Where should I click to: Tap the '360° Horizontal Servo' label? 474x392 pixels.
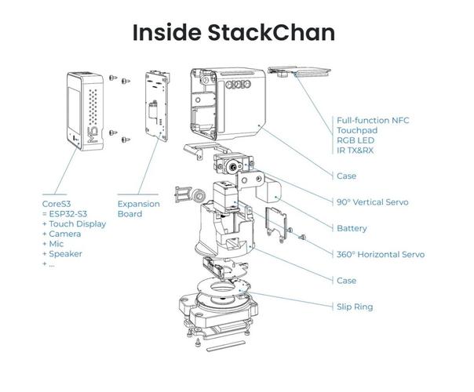(380, 254)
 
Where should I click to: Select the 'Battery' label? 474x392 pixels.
(351, 228)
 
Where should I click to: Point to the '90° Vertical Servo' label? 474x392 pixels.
(372, 202)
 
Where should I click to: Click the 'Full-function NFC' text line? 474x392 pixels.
(374, 118)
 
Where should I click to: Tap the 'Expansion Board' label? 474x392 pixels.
(139, 208)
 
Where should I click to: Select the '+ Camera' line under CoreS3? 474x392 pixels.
(66, 233)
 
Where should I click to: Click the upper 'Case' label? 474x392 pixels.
(346, 176)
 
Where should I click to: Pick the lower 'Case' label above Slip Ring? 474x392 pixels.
(346, 280)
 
